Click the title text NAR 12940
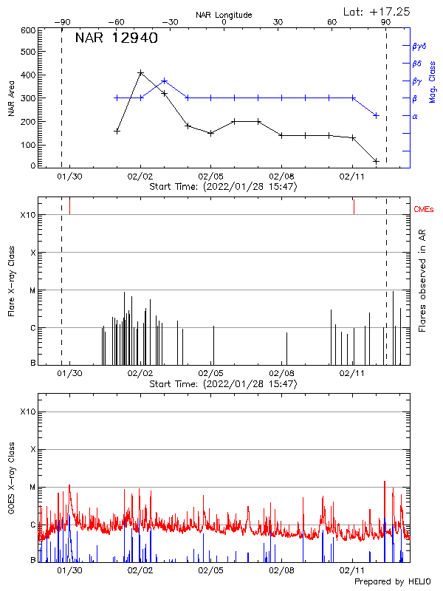point(116,38)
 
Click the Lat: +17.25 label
point(377,11)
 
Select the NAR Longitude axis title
point(224,15)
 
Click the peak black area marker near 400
point(140,73)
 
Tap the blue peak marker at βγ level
point(164,81)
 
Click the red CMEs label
point(425,210)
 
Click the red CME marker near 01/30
point(69,205)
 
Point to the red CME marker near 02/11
point(354,206)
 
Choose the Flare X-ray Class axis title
point(11,281)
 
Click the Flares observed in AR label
point(422,281)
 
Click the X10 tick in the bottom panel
point(27,411)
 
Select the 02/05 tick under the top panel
point(210,177)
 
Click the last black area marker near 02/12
point(376,161)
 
